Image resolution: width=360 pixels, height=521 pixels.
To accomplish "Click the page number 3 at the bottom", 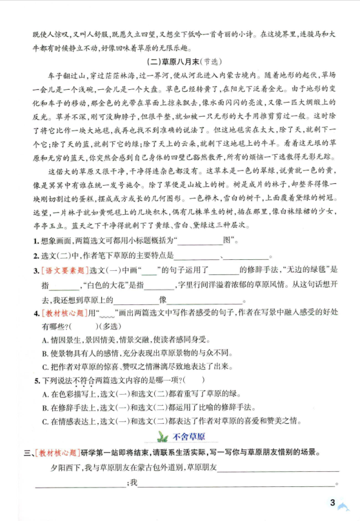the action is tap(331, 502).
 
